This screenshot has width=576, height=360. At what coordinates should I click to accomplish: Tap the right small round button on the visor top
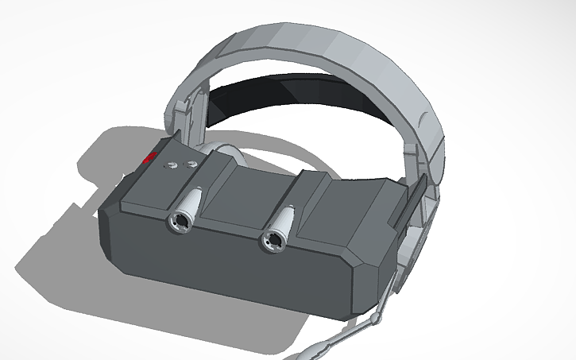tap(191, 164)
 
